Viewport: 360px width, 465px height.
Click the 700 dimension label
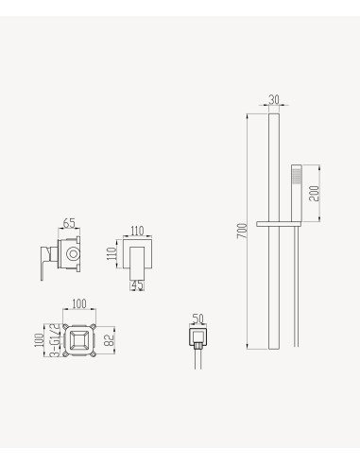point(243,231)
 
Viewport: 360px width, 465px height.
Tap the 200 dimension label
point(314,193)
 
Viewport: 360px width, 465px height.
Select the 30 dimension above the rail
point(274,99)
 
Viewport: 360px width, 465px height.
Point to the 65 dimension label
point(69,223)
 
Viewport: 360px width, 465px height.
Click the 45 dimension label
point(137,285)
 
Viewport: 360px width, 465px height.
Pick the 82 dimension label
point(110,339)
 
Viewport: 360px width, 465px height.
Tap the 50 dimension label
point(197,319)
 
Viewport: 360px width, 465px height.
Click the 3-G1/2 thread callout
point(55,340)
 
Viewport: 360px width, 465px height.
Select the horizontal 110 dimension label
point(137,231)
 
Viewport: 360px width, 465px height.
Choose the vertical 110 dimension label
point(111,253)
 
